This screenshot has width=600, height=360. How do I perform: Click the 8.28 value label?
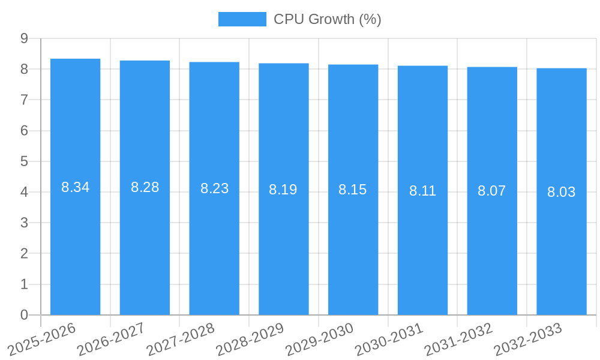145,187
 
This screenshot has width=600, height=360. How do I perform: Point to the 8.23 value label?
214,188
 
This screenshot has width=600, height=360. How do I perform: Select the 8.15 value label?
352,190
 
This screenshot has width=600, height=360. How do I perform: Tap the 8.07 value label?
491,191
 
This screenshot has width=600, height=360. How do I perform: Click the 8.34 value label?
75,187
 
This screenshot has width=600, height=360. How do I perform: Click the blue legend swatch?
242,19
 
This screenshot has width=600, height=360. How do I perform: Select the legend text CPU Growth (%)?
327,19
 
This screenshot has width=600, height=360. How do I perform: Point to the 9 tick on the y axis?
24,38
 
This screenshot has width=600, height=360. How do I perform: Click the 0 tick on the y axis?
24,315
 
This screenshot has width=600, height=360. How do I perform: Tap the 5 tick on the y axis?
24,161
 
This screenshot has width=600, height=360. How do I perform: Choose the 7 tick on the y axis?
24,100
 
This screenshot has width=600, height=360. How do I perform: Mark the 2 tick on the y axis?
24,254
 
